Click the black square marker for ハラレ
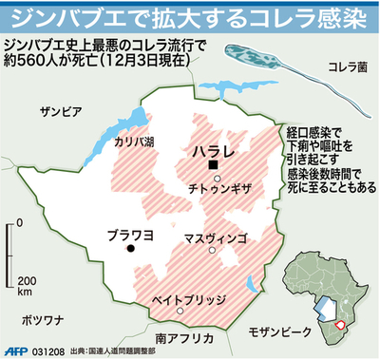tap(215, 167)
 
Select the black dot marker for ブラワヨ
tap(131, 249)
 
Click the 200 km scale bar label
tap(26, 287)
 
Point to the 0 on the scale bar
tap(20, 224)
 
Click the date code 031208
tap(47, 351)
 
